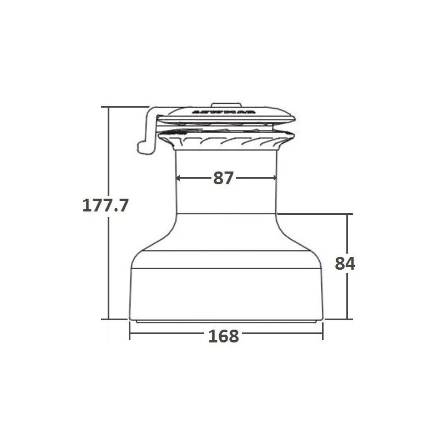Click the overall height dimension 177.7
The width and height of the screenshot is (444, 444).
tap(105, 205)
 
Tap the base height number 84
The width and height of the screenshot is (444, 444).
tap(345, 264)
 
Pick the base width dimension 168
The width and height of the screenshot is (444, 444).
tap(224, 336)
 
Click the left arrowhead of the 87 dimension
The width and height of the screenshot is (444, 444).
tap(179, 178)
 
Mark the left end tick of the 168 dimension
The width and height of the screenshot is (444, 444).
tap(129, 335)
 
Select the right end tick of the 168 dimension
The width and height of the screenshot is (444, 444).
tap(323, 335)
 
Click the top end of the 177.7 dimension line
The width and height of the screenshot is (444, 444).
tap(109, 107)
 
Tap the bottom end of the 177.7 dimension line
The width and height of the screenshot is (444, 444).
tap(109, 319)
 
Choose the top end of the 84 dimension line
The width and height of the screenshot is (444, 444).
tap(348, 214)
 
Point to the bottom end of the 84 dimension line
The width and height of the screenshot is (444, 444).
tap(348, 319)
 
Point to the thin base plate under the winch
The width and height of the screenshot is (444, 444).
tap(226, 321)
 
